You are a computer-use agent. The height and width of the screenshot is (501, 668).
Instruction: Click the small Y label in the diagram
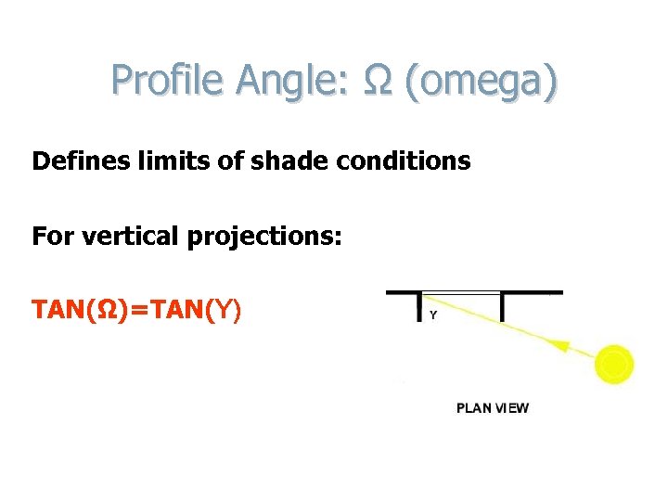433,315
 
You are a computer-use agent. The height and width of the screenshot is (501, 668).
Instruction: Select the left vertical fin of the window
420,306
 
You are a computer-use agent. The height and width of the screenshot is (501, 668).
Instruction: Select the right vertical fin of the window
502,306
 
